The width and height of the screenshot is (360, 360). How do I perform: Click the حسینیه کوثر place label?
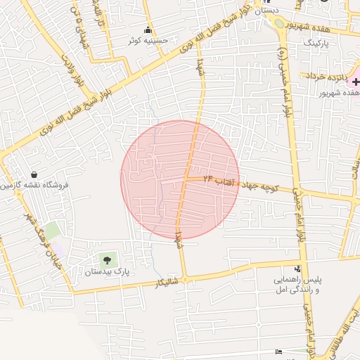click(148, 41)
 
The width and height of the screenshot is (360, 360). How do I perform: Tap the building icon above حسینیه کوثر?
click(148, 30)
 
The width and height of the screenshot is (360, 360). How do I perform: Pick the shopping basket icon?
click(34, 174)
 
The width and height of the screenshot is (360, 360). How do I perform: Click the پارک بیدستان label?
click(108, 271)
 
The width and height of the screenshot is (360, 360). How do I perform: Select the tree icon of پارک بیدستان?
click(107, 260)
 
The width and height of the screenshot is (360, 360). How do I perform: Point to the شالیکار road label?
click(169, 283)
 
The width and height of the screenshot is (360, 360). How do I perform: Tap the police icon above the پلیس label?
click(297, 269)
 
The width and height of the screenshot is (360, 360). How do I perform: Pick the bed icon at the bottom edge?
click(279, 351)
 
